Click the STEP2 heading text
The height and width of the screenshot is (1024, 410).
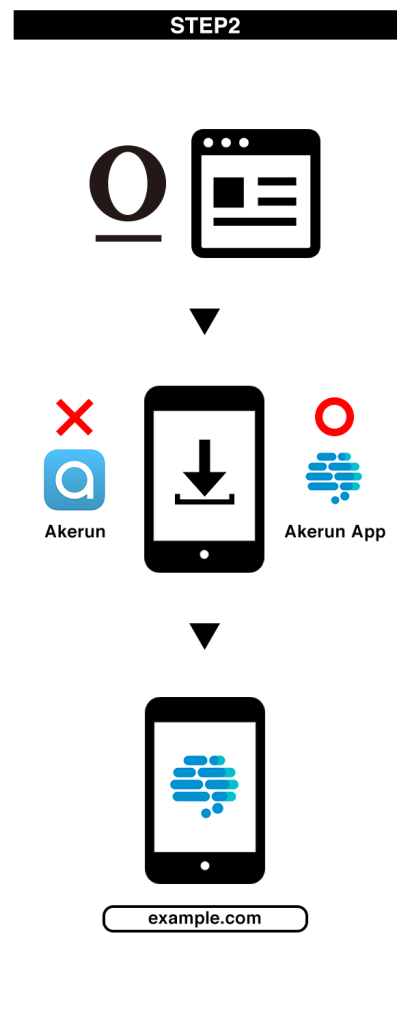pos(205,25)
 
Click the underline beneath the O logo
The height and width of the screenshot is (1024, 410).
pos(128,238)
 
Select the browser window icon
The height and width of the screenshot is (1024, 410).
pos(255,193)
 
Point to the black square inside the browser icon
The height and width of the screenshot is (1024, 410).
pos(229,192)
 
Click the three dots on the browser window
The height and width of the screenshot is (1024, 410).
pos(226,142)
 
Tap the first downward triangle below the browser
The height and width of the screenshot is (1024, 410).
pos(205,321)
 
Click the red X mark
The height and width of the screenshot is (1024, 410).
pos(74,417)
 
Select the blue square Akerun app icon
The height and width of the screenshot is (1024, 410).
pos(74,480)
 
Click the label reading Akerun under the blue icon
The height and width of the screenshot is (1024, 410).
pos(75,532)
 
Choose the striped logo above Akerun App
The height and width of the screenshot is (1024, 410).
pos(334,477)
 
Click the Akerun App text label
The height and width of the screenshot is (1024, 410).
pos(335,532)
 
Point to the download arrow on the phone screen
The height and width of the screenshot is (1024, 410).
pos(204,470)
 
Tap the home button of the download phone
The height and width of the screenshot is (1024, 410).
pos(204,554)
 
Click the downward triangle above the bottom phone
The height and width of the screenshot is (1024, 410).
pos(205,636)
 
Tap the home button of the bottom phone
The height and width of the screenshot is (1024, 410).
pos(205,866)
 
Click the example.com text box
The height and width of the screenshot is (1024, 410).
pos(205,918)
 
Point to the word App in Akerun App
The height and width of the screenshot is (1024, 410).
pos(368,533)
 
